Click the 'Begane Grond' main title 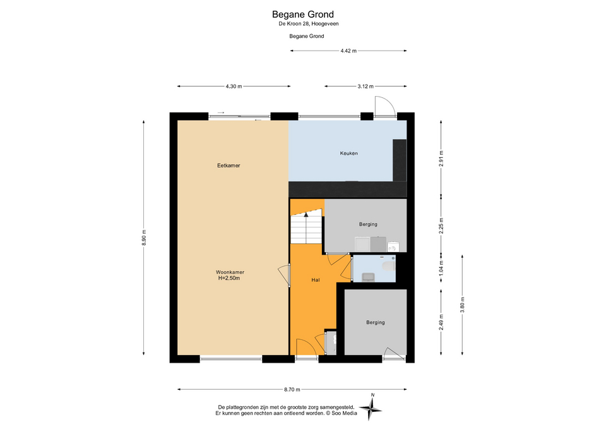[x=302, y=15]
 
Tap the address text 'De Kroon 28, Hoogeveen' [x=309, y=23]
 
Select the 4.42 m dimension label [x=348, y=51]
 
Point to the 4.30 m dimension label [x=234, y=87]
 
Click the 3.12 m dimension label [x=365, y=87]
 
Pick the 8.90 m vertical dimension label [x=144, y=238]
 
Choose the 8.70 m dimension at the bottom [x=292, y=390]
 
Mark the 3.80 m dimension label [x=462, y=305]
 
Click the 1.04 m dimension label [x=441, y=268]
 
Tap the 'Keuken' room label [x=348, y=153]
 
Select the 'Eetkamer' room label [x=229, y=165]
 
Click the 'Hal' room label [x=316, y=280]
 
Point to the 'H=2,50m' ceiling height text [x=229, y=278]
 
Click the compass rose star [x=371, y=409]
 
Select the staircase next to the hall [x=306, y=227]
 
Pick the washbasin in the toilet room [x=367, y=277]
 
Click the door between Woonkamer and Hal [x=285, y=275]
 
